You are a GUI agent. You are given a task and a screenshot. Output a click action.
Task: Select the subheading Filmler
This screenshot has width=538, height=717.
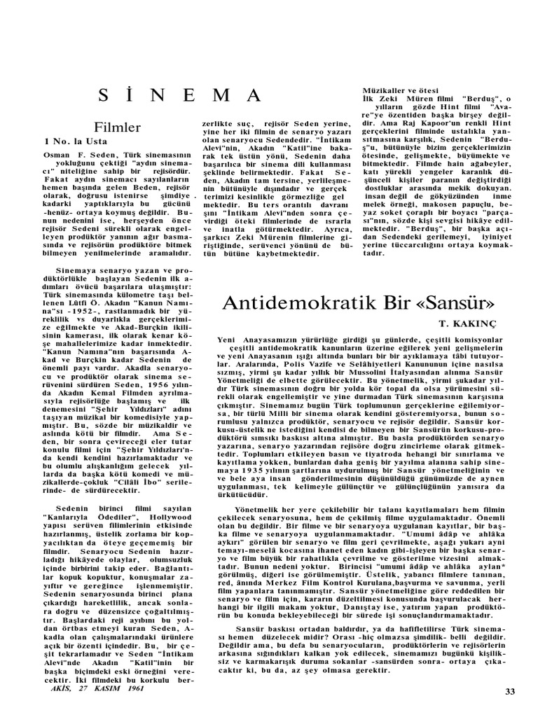coord(118,127)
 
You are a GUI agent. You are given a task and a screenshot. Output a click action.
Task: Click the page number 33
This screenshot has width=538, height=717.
coord(509,692)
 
